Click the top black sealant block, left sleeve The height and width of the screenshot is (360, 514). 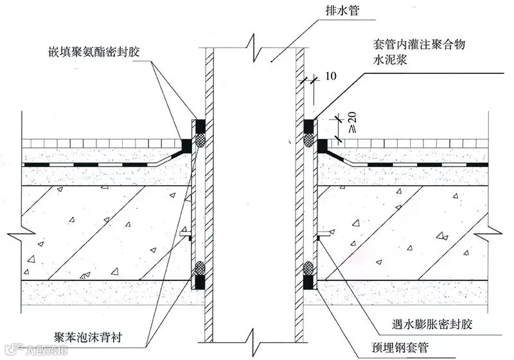pos(200,125)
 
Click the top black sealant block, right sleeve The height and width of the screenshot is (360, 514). pos(308,125)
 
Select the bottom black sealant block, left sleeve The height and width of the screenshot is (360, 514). pos(200,282)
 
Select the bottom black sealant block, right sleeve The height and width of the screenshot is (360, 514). pos(308,282)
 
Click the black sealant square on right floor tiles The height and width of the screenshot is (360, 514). pos(322,145)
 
